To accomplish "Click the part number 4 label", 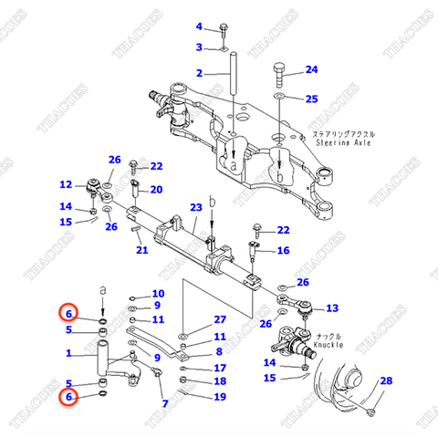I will click(199, 26).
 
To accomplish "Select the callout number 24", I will click(311, 70).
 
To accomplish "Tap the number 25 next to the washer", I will click(311, 99).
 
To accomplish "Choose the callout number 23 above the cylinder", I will click(195, 208).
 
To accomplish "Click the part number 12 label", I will click(66, 185).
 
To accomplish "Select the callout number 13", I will click(332, 308).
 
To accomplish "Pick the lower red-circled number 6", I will click(67, 398).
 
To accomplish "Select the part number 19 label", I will click(219, 397).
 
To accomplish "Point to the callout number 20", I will click(156, 190).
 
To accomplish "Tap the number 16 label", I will click(283, 251).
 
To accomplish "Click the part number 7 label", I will click(165, 403).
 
